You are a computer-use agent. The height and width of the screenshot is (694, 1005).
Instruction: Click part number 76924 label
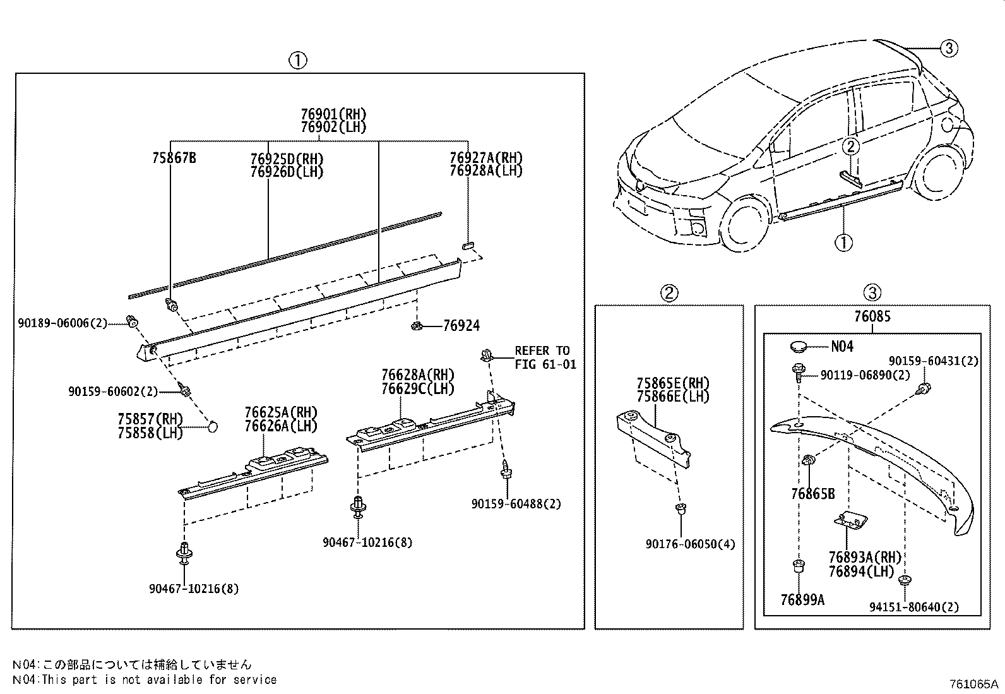coord(461,326)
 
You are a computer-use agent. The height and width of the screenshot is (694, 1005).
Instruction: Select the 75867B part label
coord(174,158)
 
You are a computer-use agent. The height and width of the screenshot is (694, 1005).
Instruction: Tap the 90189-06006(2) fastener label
coord(62,323)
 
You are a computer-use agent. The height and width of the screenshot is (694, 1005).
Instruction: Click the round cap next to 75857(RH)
coord(213,427)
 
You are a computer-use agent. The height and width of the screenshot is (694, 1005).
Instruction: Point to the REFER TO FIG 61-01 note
coord(545,357)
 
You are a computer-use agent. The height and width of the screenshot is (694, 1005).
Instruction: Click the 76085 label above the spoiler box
coord(872,316)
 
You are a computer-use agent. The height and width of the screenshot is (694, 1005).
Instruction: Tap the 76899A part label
coord(802,600)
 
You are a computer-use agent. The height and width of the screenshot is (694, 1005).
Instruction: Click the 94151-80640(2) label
coord(913,607)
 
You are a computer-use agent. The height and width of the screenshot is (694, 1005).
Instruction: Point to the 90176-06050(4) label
coord(690,544)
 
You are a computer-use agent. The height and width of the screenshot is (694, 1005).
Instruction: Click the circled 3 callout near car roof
coord(949,47)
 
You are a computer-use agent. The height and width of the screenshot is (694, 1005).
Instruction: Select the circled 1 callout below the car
coord(843,241)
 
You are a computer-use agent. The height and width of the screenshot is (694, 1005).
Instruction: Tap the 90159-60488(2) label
coord(516,503)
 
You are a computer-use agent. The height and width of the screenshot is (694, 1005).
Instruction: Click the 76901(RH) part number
coord(333,114)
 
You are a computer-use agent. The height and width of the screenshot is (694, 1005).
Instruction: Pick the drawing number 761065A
coord(975,684)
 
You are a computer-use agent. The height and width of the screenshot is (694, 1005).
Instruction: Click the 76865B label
coord(812,494)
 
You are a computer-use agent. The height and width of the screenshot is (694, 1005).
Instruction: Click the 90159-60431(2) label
coord(933,361)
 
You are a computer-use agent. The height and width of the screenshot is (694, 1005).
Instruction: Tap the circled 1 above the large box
coord(298,61)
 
